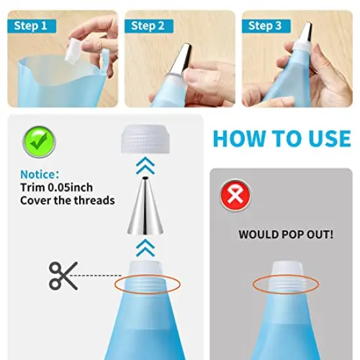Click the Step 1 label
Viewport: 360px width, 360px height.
point(31,26)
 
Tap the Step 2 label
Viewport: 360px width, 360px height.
point(148,26)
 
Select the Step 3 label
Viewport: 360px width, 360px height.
point(265,26)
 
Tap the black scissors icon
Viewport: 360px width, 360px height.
point(63,276)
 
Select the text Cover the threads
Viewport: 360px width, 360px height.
point(67,200)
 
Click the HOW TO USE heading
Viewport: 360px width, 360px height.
point(282,139)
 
